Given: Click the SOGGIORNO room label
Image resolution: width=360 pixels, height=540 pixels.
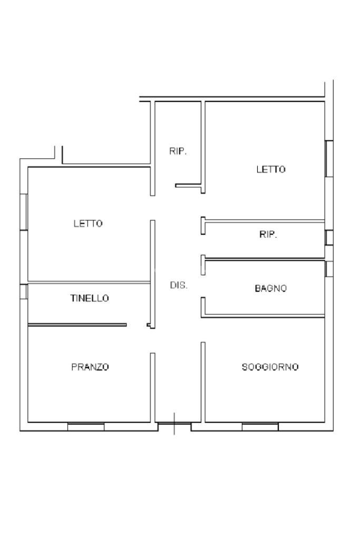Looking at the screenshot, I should pyautogui.click(x=270, y=367).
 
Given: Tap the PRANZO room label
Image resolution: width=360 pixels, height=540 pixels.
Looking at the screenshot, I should pyautogui.click(x=90, y=367).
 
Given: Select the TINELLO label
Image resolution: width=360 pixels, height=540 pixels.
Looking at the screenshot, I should pyautogui.click(x=90, y=298).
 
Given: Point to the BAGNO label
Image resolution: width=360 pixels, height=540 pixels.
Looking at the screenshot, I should pyautogui.click(x=271, y=288).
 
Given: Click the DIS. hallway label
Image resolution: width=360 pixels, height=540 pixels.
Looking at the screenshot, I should pyautogui.click(x=178, y=285).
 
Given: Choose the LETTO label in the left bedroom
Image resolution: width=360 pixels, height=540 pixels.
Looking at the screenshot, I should pyautogui.click(x=88, y=224).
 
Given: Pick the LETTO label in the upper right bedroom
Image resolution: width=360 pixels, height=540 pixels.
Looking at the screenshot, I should pyautogui.click(x=271, y=169).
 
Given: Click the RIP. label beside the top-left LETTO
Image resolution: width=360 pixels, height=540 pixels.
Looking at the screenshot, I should pyautogui.click(x=178, y=151).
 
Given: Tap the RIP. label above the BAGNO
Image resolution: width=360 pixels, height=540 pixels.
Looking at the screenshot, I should pyautogui.click(x=268, y=235).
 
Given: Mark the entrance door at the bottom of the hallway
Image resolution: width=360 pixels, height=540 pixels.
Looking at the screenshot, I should pyautogui.click(x=174, y=423).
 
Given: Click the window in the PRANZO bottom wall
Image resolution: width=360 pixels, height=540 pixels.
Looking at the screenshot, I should pyautogui.click(x=86, y=427).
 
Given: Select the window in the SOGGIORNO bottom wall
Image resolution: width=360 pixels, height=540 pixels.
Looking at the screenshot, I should pyautogui.click(x=260, y=427).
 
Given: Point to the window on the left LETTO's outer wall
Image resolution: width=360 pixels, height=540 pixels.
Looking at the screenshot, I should pyautogui.click(x=24, y=211).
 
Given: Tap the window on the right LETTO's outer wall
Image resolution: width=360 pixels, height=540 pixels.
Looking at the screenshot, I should pyautogui.click(x=329, y=158).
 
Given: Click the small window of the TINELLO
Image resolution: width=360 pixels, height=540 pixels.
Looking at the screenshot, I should pyautogui.click(x=23, y=292).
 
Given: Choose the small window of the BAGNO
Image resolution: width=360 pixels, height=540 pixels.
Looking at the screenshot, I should pyautogui.click(x=329, y=269).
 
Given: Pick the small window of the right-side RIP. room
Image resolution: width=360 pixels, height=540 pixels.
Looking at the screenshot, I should pyautogui.click(x=329, y=237).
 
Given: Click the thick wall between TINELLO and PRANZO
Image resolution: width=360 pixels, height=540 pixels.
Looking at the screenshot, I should pyautogui.click(x=77, y=325).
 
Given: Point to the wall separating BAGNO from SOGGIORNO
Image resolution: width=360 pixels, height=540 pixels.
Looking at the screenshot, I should pyautogui.click(x=264, y=316).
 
